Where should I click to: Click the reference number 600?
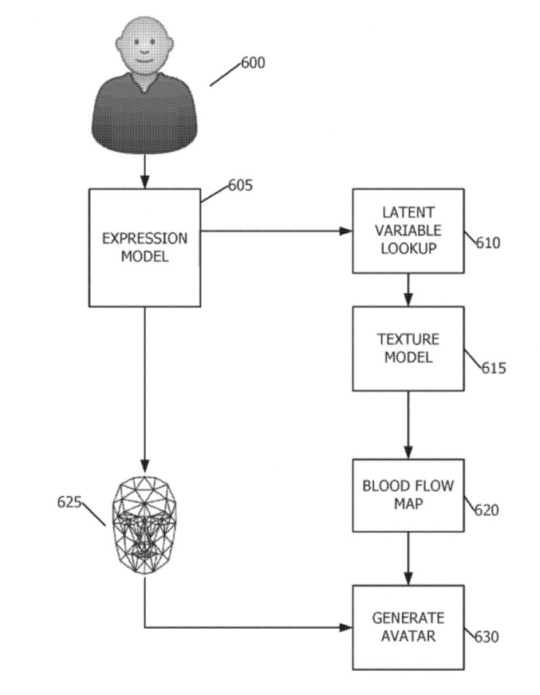pos(253,63)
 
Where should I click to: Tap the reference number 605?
pos(240,185)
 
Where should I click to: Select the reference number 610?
pos(487,242)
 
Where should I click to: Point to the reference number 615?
pos(494,368)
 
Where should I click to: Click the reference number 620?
pos(486,509)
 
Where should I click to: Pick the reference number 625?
pos(69,502)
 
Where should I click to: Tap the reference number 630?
pos(486,637)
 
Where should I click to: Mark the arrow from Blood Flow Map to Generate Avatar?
pos(408,558)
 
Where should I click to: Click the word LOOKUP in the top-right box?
pos(408,248)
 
